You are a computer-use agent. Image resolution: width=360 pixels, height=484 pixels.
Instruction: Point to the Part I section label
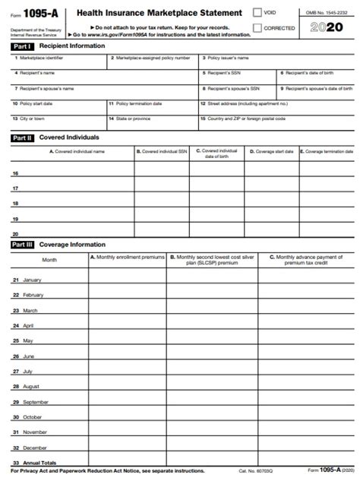[22, 46]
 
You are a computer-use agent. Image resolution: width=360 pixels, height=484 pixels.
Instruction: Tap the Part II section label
[22, 138]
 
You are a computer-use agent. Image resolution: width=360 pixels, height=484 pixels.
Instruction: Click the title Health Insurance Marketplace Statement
[159, 13]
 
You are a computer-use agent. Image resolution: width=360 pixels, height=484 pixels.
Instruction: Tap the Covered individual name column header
[72, 152]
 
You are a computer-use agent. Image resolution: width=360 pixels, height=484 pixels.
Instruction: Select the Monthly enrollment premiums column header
[127, 258]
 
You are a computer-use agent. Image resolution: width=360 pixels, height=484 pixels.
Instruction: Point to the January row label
[32, 280]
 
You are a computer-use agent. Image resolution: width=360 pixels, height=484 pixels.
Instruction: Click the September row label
[35, 402]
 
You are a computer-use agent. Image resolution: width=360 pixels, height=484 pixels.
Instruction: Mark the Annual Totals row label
[39, 463]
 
